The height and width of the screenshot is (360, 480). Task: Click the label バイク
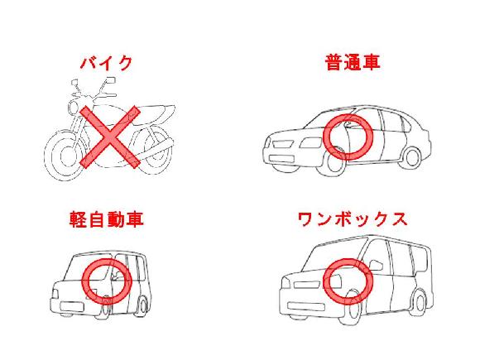(106, 63)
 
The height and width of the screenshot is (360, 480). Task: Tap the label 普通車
(353, 62)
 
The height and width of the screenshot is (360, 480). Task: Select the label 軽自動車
(106, 219)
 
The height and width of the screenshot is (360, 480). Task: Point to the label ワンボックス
(353, 219)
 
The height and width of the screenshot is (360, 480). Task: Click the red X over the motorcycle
(110, 137)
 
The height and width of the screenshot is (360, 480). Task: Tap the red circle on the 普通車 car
(348, 137)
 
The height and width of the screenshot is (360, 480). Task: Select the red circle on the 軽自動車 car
(107, 281)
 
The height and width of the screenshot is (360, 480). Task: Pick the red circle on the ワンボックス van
(348, 281)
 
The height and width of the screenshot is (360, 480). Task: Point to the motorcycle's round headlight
(74, 108)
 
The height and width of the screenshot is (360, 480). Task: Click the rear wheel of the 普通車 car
(412, 157)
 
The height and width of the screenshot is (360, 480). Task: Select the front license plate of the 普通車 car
(281, 159)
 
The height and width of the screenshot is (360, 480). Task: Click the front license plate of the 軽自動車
(72, 307)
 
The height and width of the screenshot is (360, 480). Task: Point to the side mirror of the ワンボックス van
(377, 265)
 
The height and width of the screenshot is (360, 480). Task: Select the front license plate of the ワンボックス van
(306, 306)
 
